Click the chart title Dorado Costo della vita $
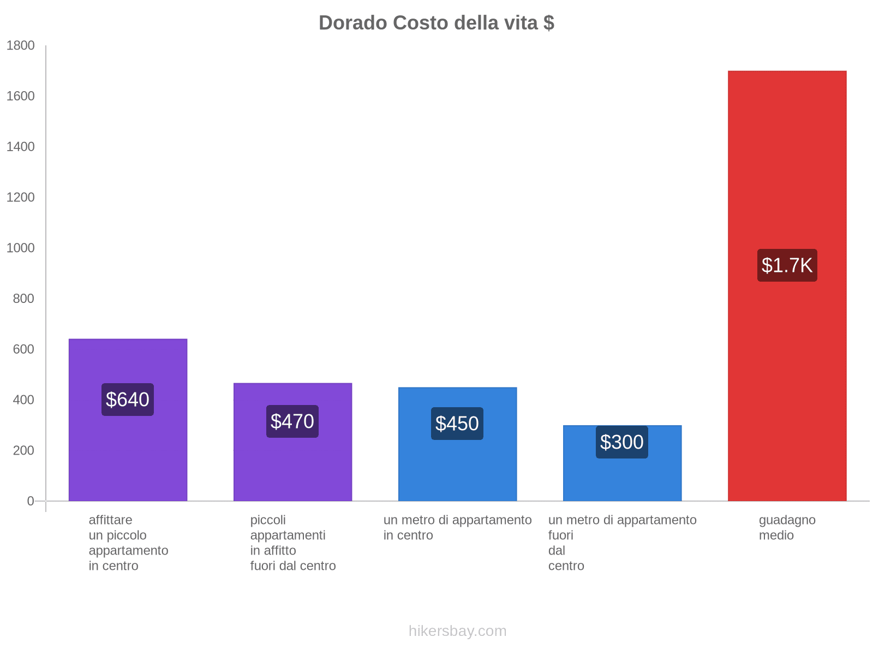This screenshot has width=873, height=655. (x=436, y=23)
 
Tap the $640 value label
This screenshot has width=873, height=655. (x=128, y=400)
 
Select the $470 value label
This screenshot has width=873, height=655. (x=292, y=421)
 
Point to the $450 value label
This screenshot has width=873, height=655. (x=457, y=424)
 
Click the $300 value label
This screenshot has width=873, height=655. (x=622, y=442)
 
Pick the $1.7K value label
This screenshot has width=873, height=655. (x=787, y=265)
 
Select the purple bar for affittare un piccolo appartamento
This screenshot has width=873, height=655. (x=128, y=458)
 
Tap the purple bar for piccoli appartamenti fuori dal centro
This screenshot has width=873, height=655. (x=292, y=469)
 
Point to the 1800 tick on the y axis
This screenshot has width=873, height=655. (x=21, y=46)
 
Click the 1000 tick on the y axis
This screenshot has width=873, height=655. (x=21, y=248)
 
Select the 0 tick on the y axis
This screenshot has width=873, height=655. (x=31, y=501)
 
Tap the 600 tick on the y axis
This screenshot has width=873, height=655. (x=24, y=349)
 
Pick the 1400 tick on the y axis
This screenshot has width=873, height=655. (x=21, y=147)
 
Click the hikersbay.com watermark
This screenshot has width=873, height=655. (x=457, y=631)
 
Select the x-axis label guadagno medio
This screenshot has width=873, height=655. (x=787, y=527)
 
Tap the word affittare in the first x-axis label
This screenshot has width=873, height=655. (x=110, y=520)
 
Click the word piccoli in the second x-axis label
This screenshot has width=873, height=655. (x=268, y=520)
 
